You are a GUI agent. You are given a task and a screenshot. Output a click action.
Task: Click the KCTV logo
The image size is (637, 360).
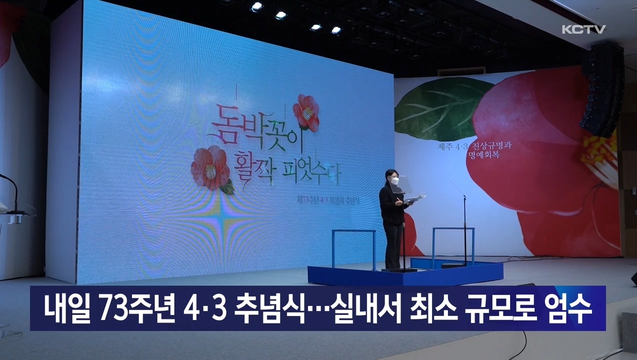click(583, 29)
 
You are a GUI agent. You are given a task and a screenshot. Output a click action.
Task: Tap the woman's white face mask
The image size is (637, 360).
click(394, 180)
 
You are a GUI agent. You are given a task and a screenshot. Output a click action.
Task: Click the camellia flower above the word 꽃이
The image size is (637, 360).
click(306, 112)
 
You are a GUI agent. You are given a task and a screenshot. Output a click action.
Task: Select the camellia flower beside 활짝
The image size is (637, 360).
click(210, 168)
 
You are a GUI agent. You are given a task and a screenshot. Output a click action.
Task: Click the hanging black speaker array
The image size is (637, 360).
click(602, 90)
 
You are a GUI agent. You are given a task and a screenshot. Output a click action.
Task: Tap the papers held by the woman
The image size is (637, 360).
click(415, 199)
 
